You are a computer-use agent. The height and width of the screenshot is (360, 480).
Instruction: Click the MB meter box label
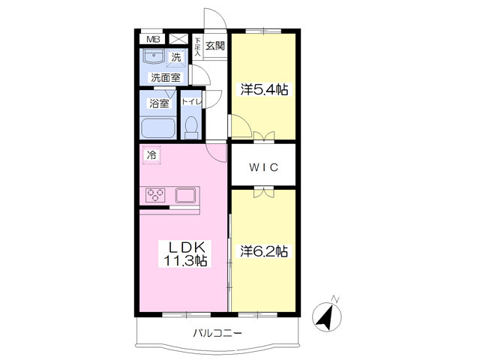pyautogui.click(x=153, y=39)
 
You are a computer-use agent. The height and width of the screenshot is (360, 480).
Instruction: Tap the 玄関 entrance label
pyautogui.click(x=215, y=46)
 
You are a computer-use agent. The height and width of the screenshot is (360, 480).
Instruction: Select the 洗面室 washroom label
pyautogui.click(x=165, y=78)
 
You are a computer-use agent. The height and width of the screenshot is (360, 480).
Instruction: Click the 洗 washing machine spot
pyautogui.click(x=176, y=57)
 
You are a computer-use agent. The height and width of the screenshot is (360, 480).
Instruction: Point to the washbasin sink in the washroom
pyautogui.click(x=154, y=56)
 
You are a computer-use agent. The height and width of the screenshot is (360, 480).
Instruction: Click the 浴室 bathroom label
pyautogui.click(x=159, y=103)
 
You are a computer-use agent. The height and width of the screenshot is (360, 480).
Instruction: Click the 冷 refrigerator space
pyautogui.click(x=151, y=155)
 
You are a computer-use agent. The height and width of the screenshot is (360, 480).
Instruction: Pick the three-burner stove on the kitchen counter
pyautogui.click(x=156, y=195)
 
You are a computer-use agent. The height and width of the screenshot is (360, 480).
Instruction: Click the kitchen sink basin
pyautogui.click(x=185, y=195)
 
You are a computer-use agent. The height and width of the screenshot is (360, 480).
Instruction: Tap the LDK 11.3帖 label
pyautogui.click(x=185, y=253)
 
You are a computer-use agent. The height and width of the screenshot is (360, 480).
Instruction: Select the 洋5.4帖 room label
pyautogui.click(x=264, y=90)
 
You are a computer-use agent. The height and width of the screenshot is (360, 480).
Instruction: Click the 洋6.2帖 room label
pyautogui.click(x=264, y=251)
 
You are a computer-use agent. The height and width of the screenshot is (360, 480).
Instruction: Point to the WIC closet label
pyautogui.click(x=264, y=167)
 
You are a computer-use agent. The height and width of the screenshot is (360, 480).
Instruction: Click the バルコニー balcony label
pyautogui.click(x=217, y=333)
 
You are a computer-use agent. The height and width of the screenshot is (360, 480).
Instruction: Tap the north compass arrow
pyautogui.click(x=327, y=315)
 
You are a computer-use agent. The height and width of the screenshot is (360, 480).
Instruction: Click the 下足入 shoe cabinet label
pyautogui.click(x=198, y=46)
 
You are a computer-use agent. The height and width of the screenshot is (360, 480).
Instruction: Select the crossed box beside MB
pyautogui.click(x=178, y=38)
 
